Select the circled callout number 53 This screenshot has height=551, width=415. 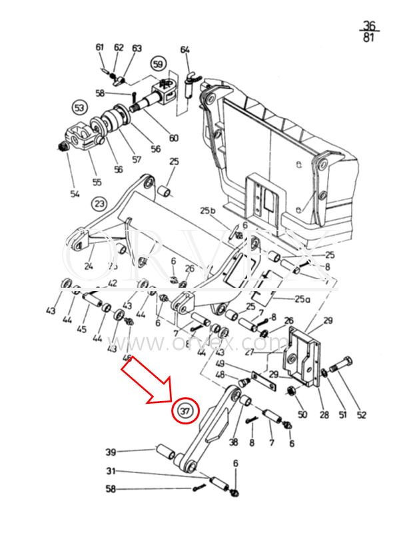click(79, 108)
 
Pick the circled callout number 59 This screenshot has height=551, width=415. click(158, 65)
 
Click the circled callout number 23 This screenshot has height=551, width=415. click(99, 203)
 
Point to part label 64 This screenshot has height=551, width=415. click(185, 51)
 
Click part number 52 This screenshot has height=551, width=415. click(361, 415)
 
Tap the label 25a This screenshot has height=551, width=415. click(302, 299)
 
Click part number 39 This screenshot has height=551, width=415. click(111, 452)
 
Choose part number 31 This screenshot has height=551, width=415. click(111, 471)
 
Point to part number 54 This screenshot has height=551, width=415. click(75, 194)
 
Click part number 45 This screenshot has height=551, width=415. click(82, 330)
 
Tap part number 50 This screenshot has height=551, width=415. click(302, 415)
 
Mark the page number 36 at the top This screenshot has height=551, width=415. click(368, 25)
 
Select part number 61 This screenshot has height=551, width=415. click(100, 47)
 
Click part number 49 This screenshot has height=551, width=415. click(220, 364)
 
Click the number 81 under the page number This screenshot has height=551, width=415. click(368, 37)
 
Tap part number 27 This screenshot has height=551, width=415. click(248, 353)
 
